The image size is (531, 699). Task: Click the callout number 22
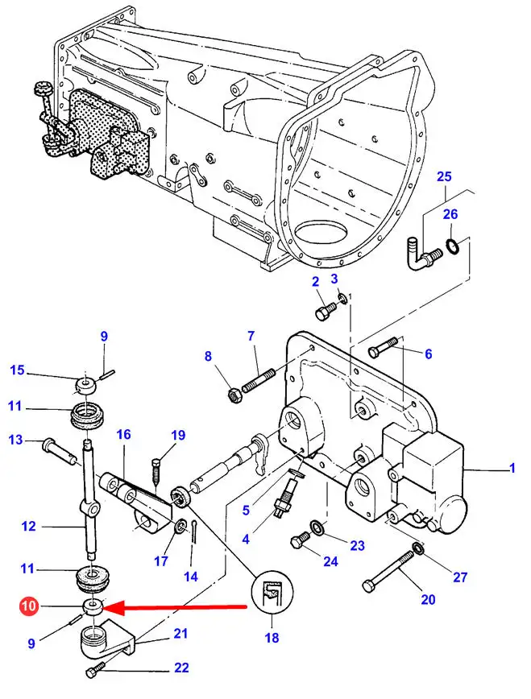181,667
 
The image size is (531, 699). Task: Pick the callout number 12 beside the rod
28,527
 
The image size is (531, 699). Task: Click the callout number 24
330,560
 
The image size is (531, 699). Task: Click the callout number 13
15,439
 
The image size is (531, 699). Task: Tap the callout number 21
181,634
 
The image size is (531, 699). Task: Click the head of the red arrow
111,606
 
